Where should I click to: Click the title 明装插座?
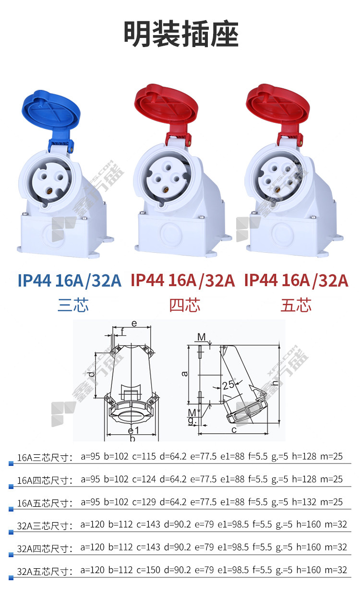[x=181, y=34]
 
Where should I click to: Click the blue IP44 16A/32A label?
[x=70, y=281]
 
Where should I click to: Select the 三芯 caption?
[x=73, y=305]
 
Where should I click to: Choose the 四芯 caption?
[x=185, y=305]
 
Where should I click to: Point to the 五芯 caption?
[x=296, y=305]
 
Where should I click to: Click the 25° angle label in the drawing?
[x=229, y=385]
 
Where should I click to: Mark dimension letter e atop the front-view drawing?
[x=134, y=324]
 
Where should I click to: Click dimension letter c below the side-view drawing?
[x=234, y=430]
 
